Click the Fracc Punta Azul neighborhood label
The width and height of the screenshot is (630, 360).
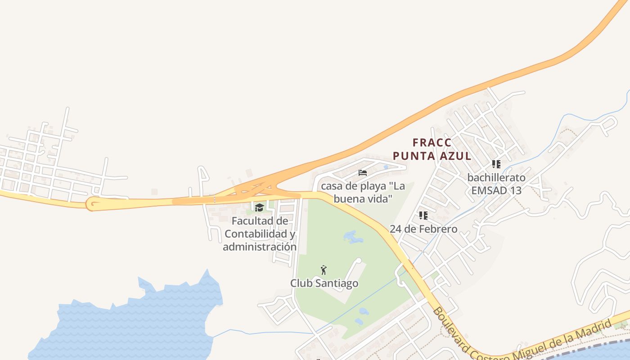tap(432, 149)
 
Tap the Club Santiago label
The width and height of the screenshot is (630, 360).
tap(324, 283)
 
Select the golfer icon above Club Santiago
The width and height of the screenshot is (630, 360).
tap(323, 270)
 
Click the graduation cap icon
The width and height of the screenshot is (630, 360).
tap(259, 207)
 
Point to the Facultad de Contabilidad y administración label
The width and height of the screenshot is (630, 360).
tap(260, 234)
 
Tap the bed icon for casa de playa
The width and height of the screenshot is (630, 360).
tap(363, 173)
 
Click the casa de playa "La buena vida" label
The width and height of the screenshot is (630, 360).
tap(363, 192)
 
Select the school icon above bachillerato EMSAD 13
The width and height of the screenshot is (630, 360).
tap(496, 164)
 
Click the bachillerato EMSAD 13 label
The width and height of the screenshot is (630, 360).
tap(496, 184)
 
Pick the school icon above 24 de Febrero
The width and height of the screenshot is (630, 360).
tap(423, 216)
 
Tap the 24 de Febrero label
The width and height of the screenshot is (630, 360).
tap(423, 229)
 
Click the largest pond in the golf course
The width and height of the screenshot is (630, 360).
tap(353, 237)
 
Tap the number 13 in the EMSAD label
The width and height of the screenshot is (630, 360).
tap(515, 190)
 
